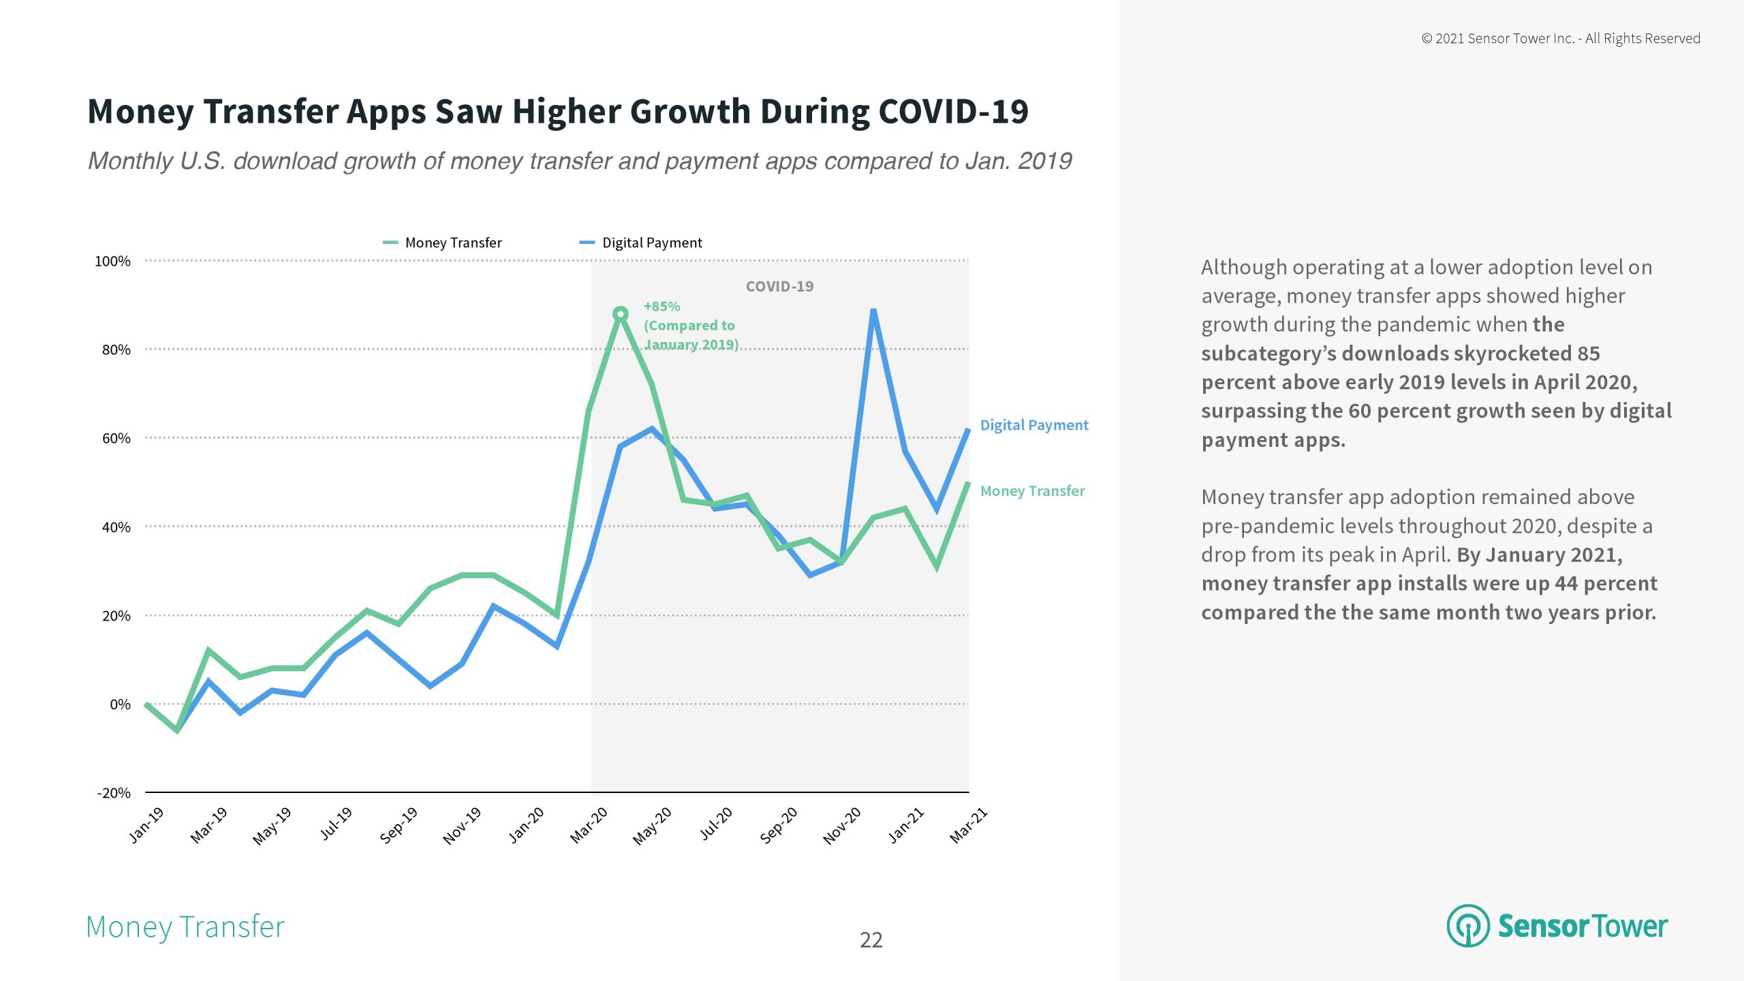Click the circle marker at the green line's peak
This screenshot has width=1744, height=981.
(x=620, y=314)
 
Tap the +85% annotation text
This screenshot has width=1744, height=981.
(x=661, y=307)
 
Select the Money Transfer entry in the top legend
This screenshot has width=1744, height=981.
(x=453, y=243)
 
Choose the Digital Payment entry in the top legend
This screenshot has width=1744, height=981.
(x=651, y=243)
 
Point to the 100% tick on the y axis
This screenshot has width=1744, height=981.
(x=112, y=261)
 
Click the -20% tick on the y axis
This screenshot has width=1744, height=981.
(x=114, y=792)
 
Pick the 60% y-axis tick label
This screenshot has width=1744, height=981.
(x=116, y=438)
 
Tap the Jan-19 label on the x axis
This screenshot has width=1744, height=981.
(x=146, y=824)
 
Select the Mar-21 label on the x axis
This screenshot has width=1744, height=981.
(x=968, y=824)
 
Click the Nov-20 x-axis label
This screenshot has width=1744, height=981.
(x=842, y=825)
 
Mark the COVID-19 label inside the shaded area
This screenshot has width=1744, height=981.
(x=779, y=286)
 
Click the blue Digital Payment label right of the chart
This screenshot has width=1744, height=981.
(x=1033, y=425)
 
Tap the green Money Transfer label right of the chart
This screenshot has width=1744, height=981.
(x=1032, y=490)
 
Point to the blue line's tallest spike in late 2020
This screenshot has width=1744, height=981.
(x=873, y=311)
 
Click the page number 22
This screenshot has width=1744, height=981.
(x=871, y=939)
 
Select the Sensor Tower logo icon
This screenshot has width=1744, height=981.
(x=1468, y=925)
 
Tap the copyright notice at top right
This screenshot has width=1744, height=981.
(x=1561, y=38)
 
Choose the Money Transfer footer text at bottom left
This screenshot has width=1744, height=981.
(x=185, y=926)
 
